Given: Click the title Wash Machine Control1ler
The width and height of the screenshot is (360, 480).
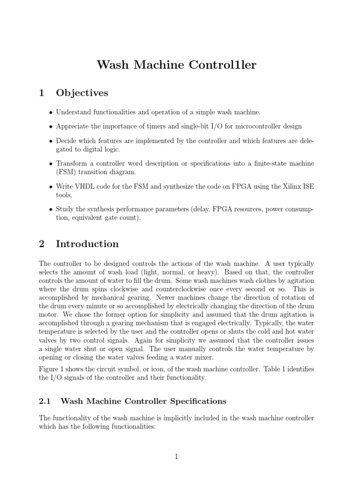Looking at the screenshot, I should pyautogui.click(x=176, y=65).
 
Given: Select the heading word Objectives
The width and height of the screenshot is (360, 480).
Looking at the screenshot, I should pyautogui.click(x=82, y=93).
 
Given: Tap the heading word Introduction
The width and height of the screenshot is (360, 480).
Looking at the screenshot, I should pyautogui.click(x=87, y=244).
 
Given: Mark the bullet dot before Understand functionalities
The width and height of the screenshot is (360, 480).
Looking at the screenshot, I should pyautogui.click(x=51, y=112).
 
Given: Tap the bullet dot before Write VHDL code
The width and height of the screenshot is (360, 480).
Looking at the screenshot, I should pyautogui.click(x=51, y=187).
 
